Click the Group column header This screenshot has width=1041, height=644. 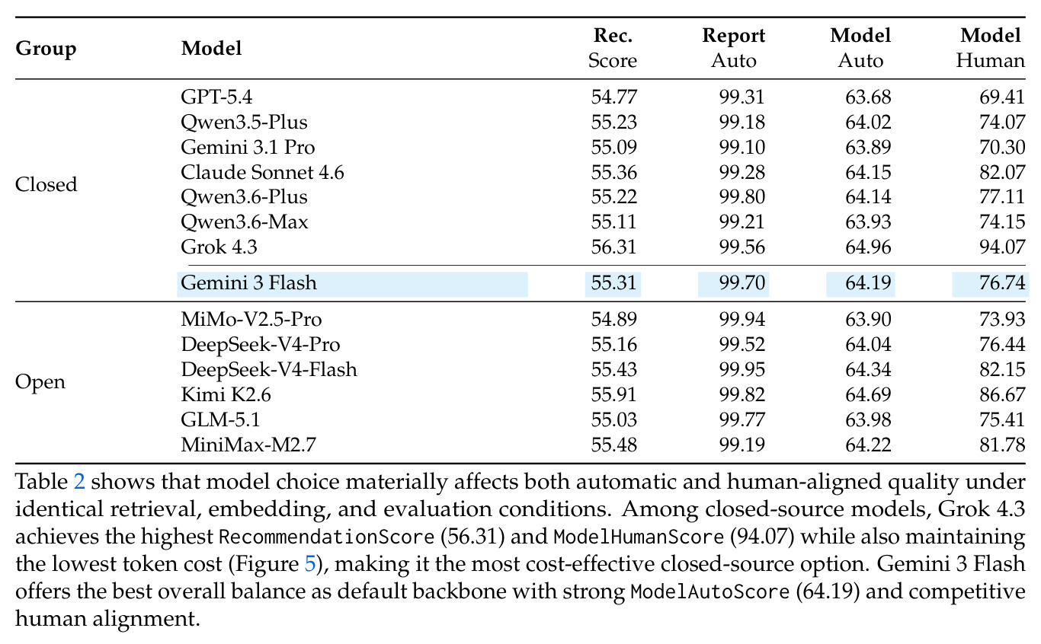(46, 49)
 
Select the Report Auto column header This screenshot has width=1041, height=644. (733, 48)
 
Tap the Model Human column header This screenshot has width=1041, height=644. (991, 48)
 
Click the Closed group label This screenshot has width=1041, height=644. (46, 184)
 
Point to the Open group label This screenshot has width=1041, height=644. (40, 382)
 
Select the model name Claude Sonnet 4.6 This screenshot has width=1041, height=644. (262, 172)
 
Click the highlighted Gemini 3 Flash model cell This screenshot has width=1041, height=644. (352, 283)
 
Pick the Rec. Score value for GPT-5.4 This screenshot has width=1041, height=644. (613, 97)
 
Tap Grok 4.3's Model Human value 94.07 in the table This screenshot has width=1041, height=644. (1002, 247)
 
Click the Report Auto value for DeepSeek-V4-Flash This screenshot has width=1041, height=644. (742, 370)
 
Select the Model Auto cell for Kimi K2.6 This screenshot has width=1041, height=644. (868, 394)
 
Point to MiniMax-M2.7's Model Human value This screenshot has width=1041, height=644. (1002, 445)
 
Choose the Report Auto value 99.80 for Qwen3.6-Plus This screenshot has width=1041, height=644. (742, 197)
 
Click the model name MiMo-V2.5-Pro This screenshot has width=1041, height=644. (251, 320)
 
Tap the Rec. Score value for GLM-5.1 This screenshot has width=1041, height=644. (613, 419)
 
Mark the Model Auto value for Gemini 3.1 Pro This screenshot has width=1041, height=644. (868, 147)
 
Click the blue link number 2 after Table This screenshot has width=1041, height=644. (79, 482)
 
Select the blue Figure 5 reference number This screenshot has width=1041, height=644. (310, 564)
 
